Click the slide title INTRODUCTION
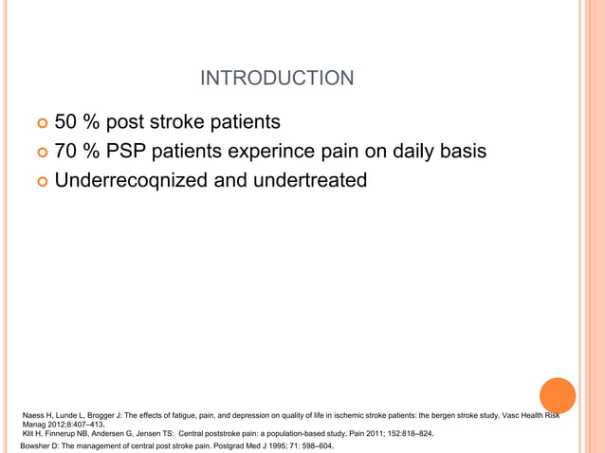278,78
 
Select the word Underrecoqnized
132,179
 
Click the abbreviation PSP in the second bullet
129,151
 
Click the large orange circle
558,395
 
